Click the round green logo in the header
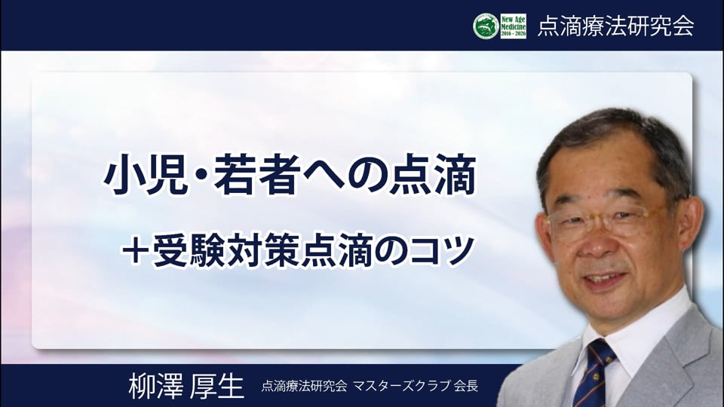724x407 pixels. [x=486, y=26]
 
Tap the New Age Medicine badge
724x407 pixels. [x=514, y=26]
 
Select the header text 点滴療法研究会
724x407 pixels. [x=616, y=26]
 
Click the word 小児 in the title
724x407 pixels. [x=146, y=176]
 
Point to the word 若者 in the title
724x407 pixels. [x=255, y=176]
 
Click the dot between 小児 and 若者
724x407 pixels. [x=201, y=176]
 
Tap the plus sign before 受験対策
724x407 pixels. [x=135, y=252]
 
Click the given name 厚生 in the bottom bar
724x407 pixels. [x=217, y=386]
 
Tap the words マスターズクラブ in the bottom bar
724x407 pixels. [x=401, y=386]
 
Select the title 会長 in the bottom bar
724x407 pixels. [x=466, y=386]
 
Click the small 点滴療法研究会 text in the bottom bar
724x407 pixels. [x=304, y=386]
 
